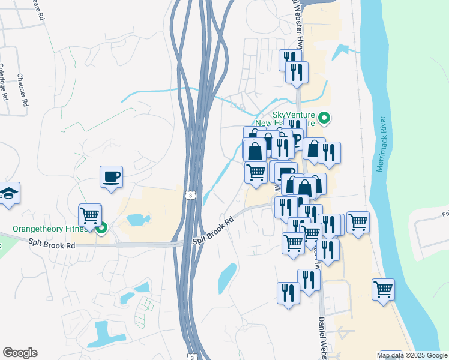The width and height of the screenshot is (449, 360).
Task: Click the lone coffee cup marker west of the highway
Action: pos(111,177)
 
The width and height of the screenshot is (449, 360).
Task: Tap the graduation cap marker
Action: pos(8,193)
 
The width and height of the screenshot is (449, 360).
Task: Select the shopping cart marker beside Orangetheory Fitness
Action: pos(90,215)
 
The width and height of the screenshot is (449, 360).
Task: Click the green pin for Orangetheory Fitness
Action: pos(102,227)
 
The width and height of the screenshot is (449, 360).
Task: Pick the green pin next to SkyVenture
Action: pos(324,118)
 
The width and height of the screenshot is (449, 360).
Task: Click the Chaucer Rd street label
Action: pos(22,90)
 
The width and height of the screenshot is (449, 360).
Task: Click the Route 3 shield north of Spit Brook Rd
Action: pos(190,195)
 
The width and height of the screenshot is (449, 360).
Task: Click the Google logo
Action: pos(20,353)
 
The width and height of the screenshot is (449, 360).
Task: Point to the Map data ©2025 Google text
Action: pos(411,355)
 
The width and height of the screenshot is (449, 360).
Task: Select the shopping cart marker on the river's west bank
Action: pos(382,290)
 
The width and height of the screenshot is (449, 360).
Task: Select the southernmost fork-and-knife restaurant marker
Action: pos(289,293)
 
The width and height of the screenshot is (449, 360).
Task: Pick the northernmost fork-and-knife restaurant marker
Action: pos(288,58)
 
